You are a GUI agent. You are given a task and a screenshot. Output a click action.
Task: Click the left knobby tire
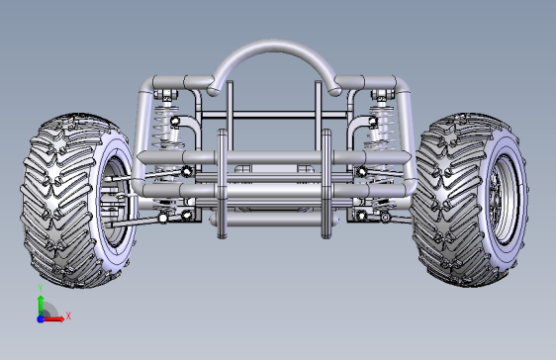coord(76,200)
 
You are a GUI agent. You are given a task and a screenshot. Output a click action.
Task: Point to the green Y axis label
coord(41,288)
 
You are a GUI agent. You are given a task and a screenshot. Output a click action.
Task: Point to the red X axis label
coord(68,315)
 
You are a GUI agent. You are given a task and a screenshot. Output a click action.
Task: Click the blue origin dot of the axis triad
coord(41,318)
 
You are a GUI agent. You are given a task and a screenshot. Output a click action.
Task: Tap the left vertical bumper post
coord(222,184)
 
